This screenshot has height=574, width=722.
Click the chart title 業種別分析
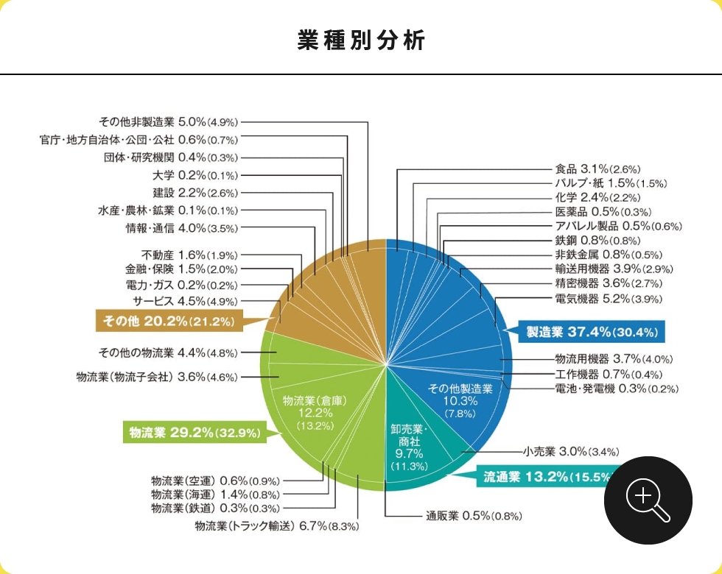click(361, 40)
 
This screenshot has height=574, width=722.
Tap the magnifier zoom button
click(648, 500)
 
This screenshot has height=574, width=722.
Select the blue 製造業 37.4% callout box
click(592, 332)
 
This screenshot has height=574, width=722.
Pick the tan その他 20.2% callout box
click(169, 321)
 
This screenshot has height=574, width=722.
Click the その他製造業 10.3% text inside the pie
click(460, 400)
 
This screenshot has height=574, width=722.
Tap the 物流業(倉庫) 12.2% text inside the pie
click(315, 412)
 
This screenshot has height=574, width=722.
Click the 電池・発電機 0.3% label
click(616, 388)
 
